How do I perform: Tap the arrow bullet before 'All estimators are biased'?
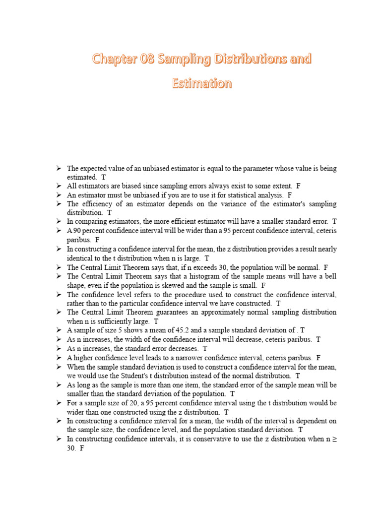[59, 186]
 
